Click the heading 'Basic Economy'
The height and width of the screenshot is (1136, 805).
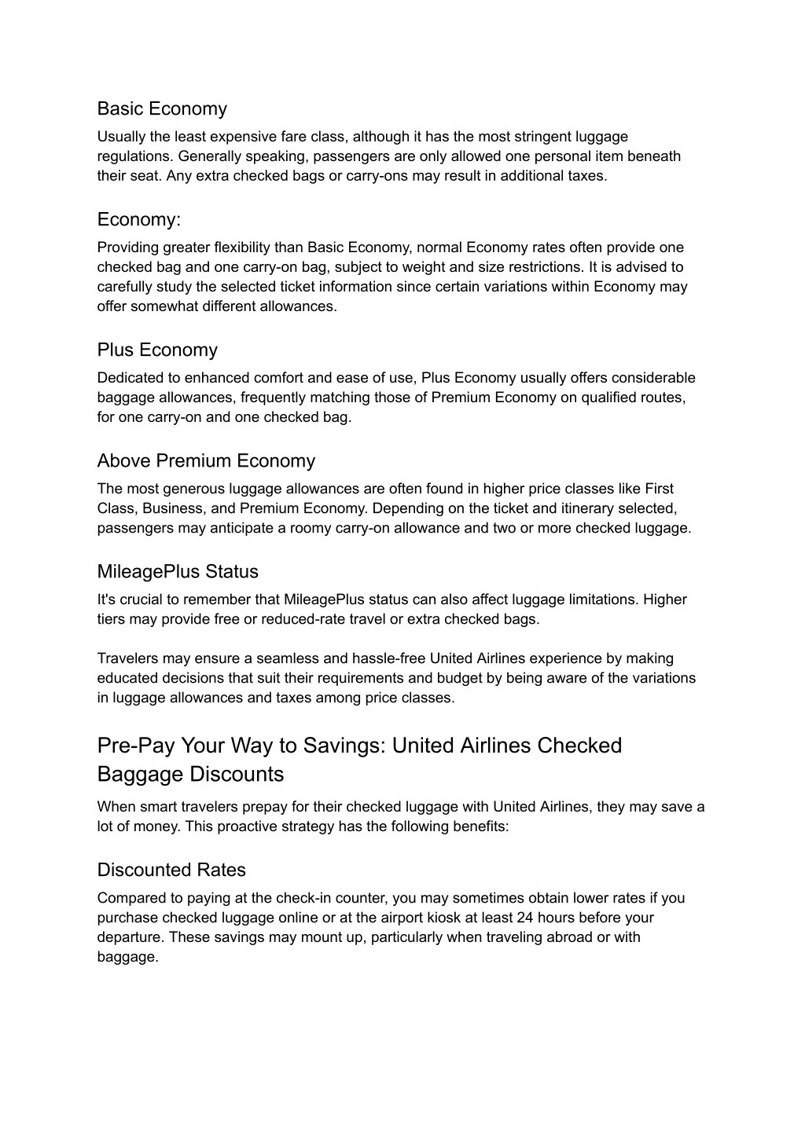[x=162, y=108]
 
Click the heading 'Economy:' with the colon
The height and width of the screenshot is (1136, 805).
[x=139, y=219]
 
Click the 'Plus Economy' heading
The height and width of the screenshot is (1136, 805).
[x=157, y=350]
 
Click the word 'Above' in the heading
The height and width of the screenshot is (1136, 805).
[x=123, y=460]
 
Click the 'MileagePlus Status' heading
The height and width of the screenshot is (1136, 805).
[x=178, y=571]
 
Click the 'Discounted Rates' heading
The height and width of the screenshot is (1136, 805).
[x=171, y=870]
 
